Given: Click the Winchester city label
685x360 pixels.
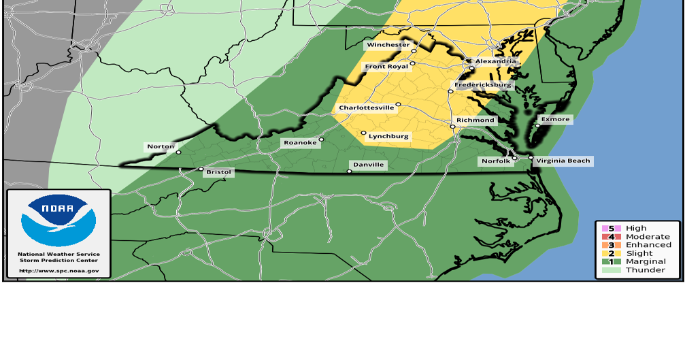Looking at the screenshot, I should click(388, 46).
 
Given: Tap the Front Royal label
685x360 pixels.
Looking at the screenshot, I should click(386, 67).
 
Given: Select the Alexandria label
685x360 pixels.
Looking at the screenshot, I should click(495, 61).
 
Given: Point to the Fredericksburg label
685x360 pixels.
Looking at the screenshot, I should click(483, 85).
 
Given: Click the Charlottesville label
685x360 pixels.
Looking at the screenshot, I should click(367, 108).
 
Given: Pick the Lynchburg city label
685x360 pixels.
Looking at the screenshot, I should click(388, 137).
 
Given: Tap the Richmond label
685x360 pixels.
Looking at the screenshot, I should click(475, 120).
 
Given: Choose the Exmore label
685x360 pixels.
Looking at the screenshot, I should click(556, 119).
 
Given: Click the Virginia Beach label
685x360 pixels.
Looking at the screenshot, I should click(563, 161).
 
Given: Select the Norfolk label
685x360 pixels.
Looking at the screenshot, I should click(494, 161).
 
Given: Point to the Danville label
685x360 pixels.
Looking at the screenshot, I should click(368, 165).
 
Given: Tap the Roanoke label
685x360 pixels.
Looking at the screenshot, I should click(300, 143).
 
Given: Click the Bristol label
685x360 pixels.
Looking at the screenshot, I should click(219, 173).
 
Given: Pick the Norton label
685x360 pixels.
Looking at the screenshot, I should click(161, 146).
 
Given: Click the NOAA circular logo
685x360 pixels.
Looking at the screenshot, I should click(59, 220).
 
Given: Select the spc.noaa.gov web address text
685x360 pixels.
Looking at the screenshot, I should click(59, 270).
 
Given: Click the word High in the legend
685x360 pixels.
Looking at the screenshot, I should click(636, 229).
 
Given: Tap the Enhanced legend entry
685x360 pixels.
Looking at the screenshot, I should click(648, 245).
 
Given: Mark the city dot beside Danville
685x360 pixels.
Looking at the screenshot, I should click(349, 171).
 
